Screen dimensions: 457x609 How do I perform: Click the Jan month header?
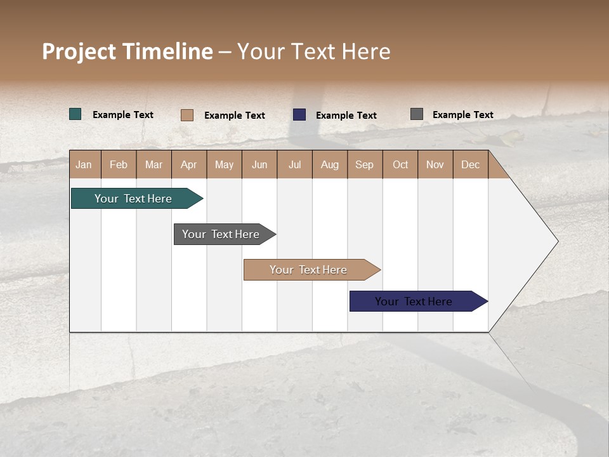84,164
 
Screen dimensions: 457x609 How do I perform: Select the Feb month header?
119,164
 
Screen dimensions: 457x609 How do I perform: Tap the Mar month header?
154,164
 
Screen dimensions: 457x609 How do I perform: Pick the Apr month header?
189,164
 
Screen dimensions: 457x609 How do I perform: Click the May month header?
224,164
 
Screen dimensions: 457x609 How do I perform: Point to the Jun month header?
259,164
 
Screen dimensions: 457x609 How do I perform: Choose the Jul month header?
294,164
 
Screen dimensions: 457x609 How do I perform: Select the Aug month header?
330,164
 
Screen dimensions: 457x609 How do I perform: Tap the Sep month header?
365,164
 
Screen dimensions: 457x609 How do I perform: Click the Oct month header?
400,164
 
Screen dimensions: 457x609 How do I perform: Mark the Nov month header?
435,164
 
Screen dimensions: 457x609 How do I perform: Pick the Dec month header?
470,164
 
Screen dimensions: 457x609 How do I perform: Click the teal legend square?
75,114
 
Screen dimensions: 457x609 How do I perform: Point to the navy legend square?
299,115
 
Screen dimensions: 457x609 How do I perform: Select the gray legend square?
417,114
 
